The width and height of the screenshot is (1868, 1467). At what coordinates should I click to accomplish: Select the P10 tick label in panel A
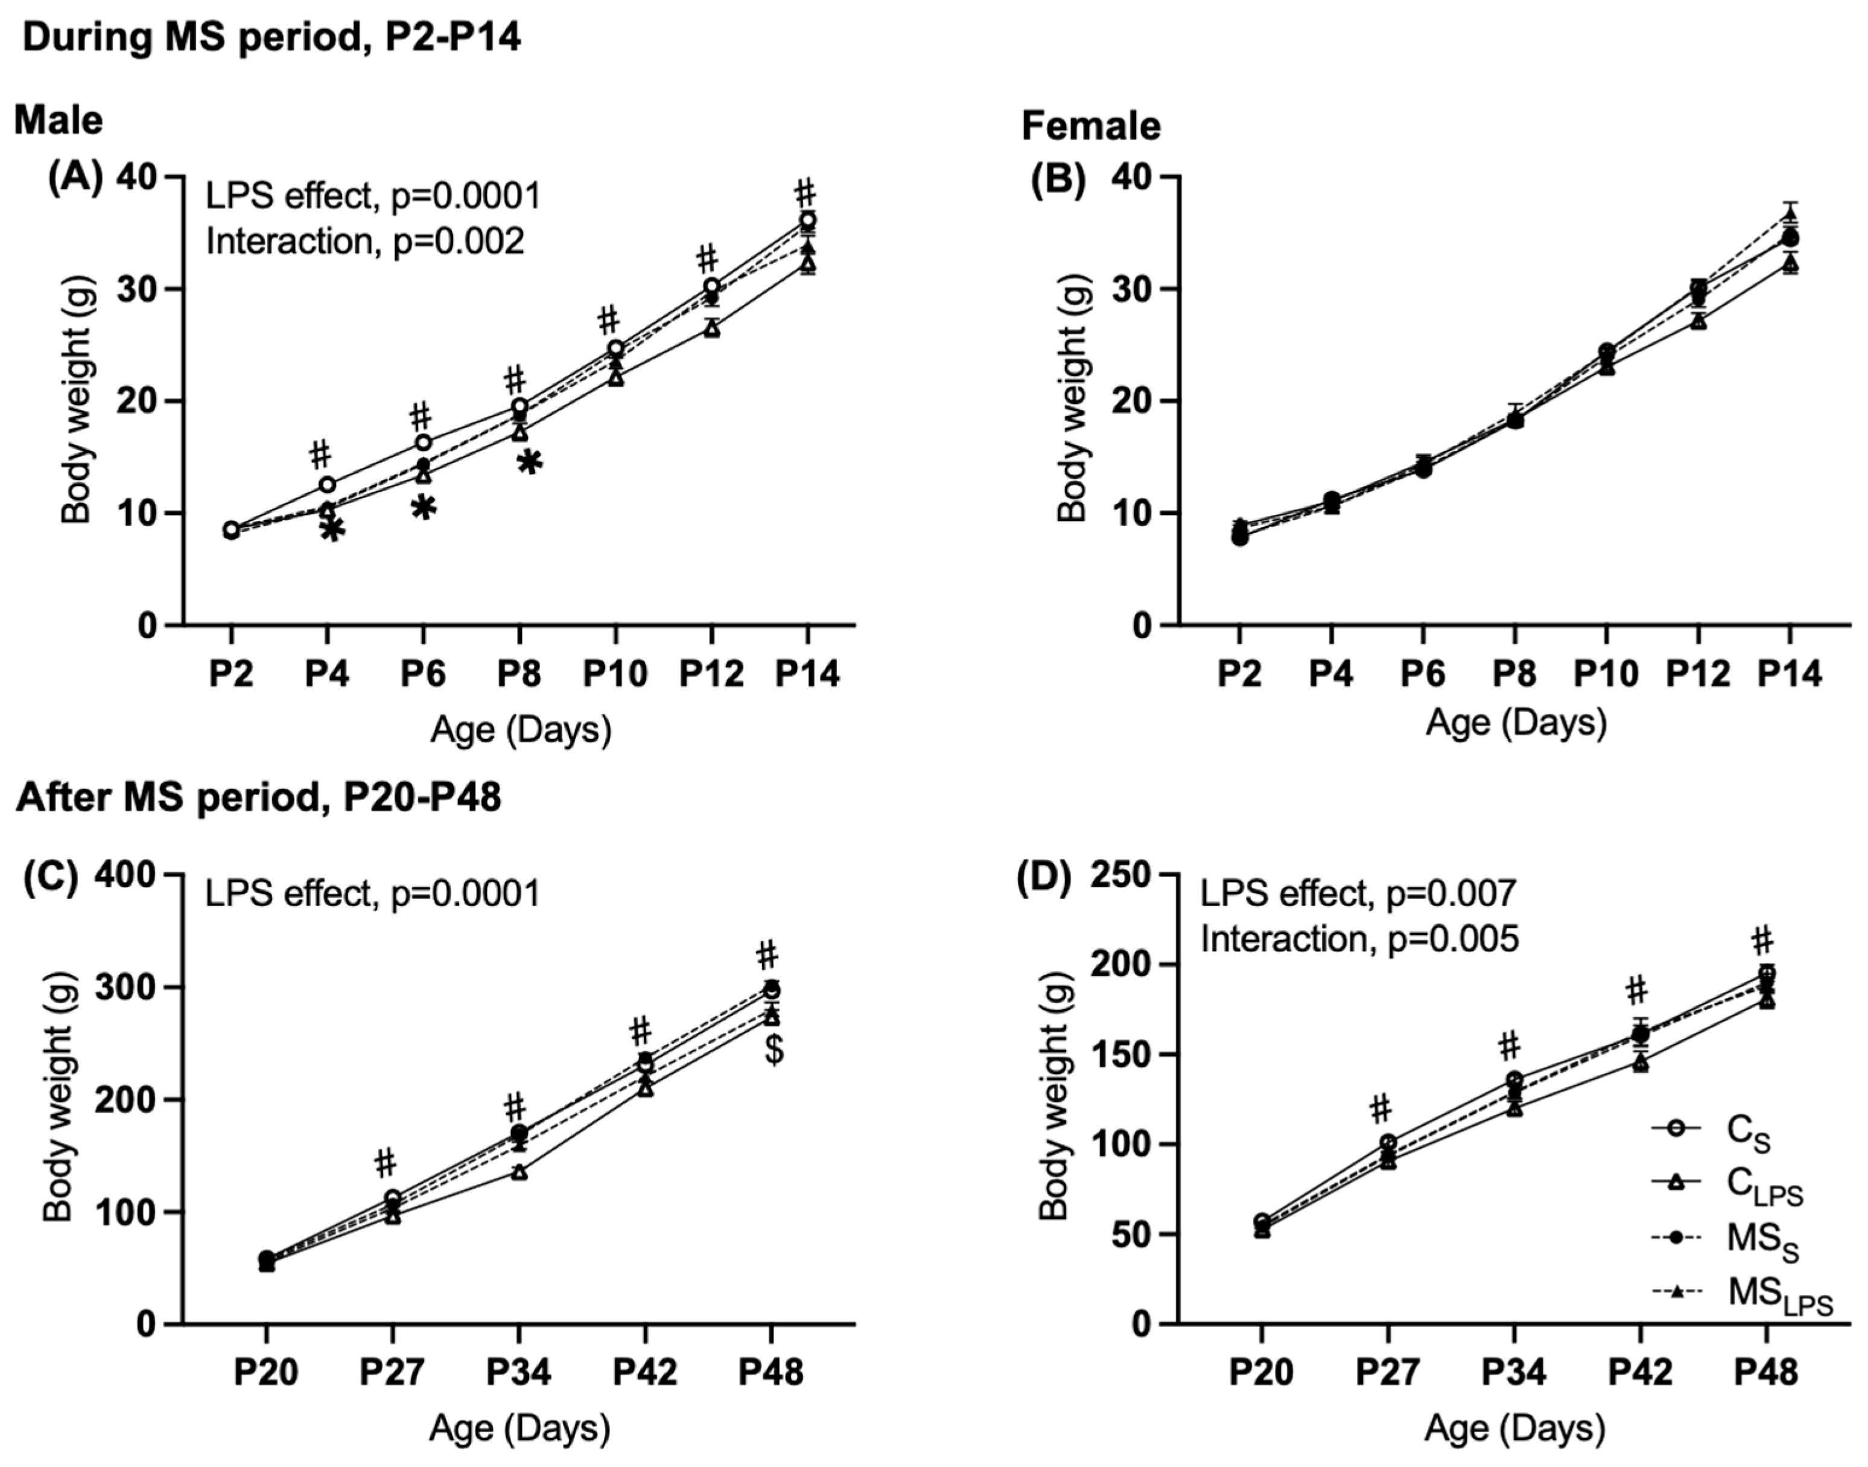(615, 674)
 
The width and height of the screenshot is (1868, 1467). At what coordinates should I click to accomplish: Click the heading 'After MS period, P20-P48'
(258, 798)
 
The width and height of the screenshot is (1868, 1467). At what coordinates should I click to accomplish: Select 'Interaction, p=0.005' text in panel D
(1359, 939)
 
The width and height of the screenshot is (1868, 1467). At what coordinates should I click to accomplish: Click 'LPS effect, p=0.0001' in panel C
(372, 894)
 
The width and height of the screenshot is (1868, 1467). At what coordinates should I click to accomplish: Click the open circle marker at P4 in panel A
(327, 484)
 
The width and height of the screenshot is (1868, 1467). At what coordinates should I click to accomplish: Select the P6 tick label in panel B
(1423, 674)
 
